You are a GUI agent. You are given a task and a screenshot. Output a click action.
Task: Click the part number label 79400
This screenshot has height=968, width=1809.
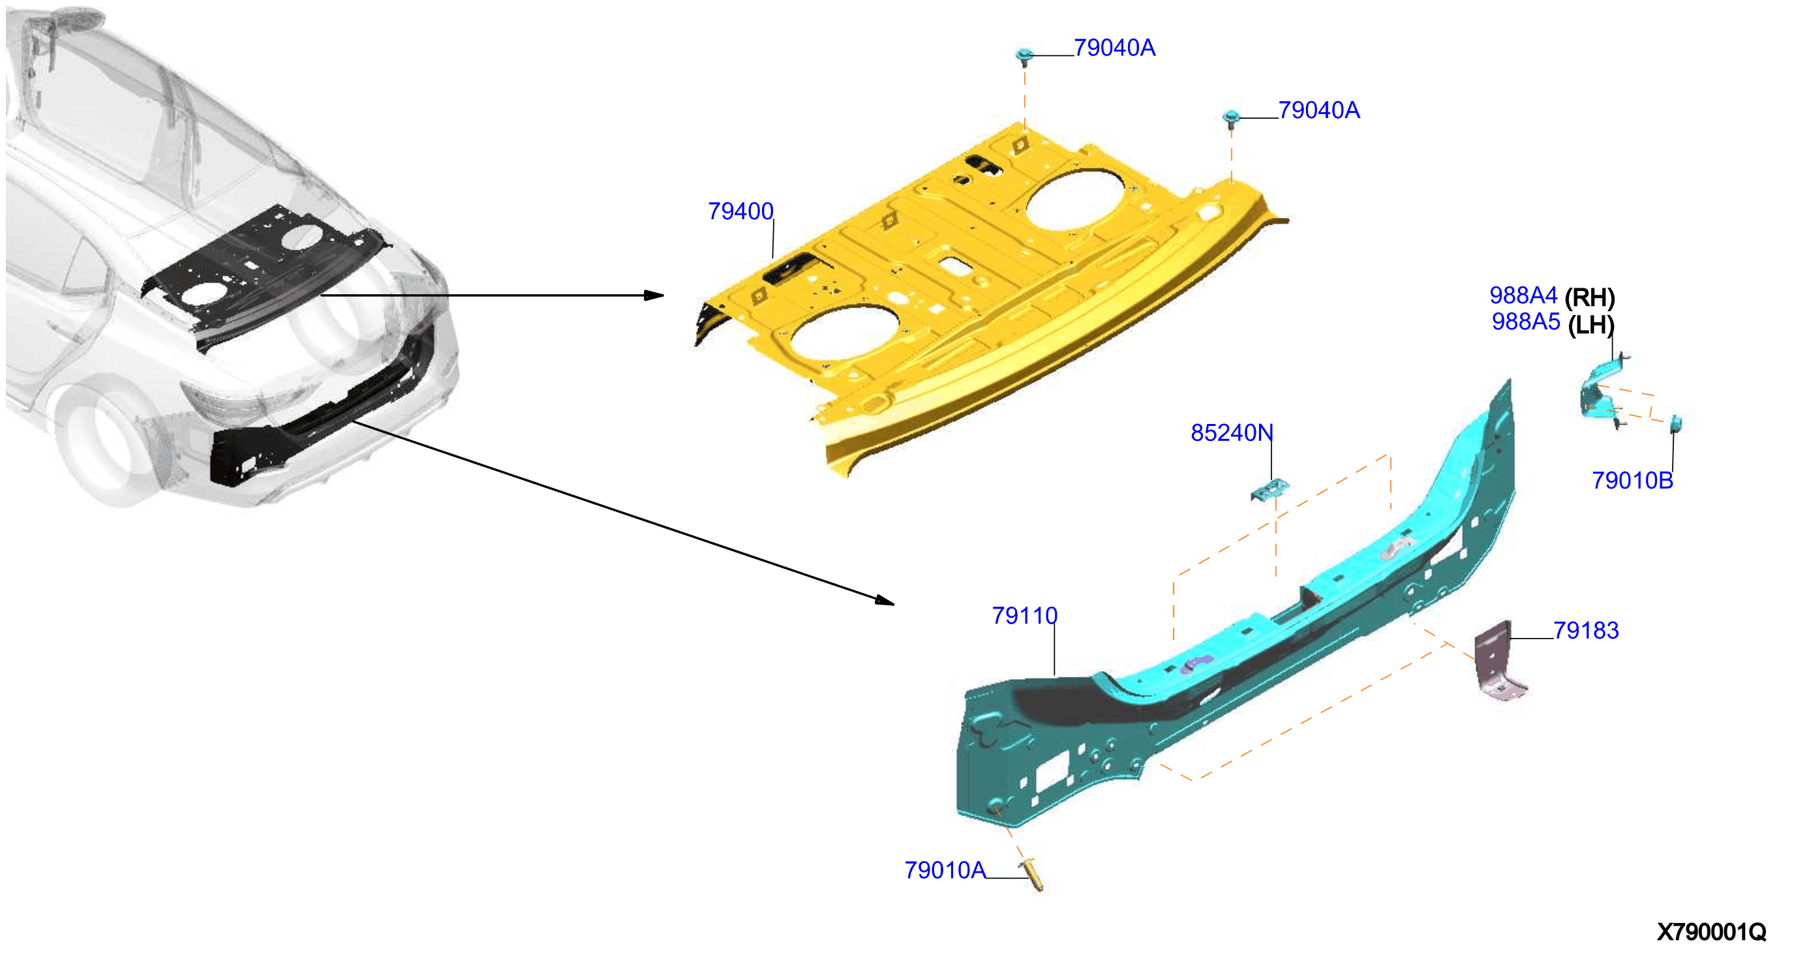click(740, 211)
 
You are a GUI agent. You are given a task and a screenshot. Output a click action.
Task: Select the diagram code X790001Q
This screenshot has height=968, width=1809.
click(1710, 932)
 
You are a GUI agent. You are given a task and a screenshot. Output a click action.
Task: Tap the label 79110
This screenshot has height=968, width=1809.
click(1024, 616)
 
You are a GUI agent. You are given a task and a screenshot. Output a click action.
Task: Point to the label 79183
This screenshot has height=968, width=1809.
click(1586, 630)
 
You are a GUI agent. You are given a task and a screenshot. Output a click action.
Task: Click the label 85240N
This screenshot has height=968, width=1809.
click(1232, 433)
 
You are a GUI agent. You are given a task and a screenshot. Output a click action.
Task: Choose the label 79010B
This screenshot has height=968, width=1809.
click(1632, 481)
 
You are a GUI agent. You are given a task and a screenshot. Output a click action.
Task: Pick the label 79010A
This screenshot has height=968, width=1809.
click(945, 870)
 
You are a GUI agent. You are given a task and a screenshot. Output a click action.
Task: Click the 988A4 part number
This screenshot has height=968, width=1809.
click(1523, 295)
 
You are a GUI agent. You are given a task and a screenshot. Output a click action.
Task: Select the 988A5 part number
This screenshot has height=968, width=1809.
click(1525, 322)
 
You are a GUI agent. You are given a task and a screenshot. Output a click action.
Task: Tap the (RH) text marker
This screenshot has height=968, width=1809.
click(1590, 297)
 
